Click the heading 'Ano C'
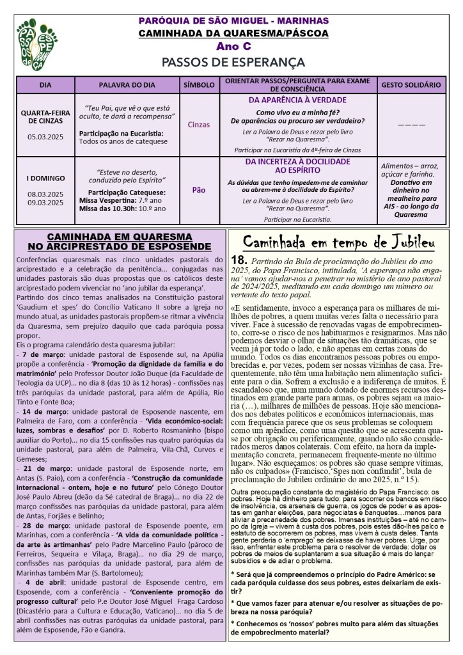pos(233,47)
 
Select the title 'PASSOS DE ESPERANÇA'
pos(233,62)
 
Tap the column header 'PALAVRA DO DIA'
pos(127,85)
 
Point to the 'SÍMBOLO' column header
pos(199,85)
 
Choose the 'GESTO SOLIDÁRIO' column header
pos(411,85)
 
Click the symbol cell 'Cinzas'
pos(199,125)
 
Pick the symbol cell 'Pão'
pos(199,190)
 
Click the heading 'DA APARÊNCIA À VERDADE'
pos(297,100)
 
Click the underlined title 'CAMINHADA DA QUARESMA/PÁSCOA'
pos(233,33)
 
